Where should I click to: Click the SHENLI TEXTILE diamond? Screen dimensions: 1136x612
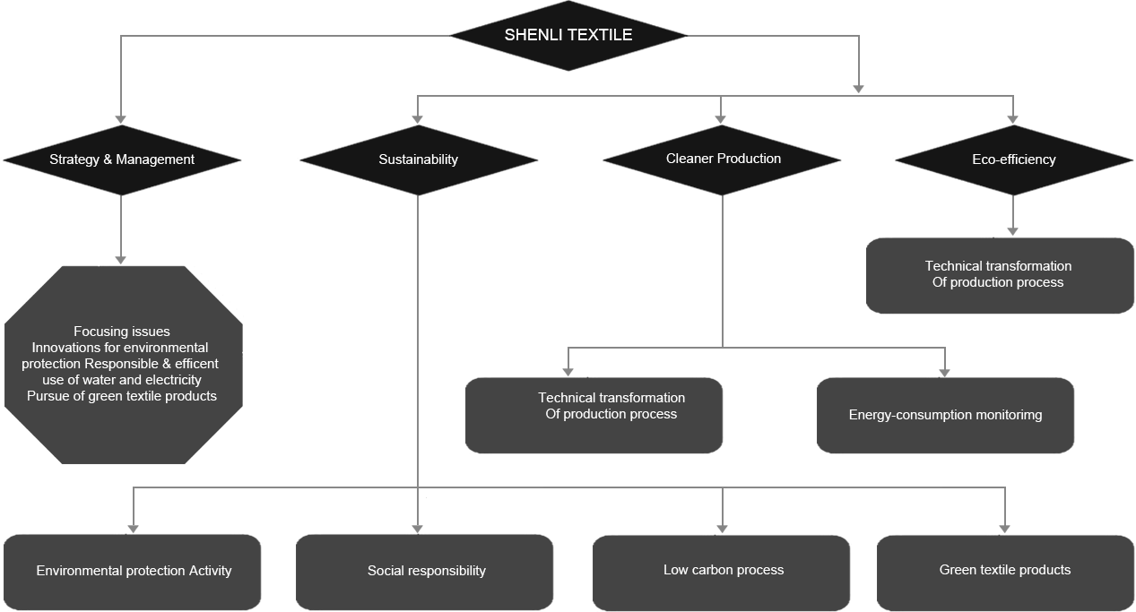(568, 36)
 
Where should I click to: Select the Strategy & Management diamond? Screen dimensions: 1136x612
(122, 160)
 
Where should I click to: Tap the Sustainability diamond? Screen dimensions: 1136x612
(419, 160)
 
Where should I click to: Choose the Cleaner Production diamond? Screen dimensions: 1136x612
(722, 160)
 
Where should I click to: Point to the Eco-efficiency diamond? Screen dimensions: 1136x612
(1014, 160)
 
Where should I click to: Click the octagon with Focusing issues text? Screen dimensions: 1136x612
(123, 365)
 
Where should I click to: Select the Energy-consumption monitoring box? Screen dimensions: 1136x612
(945, 416)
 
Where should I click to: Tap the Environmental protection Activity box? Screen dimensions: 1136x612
(133, 572)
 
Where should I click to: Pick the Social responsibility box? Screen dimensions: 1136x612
(424, 572)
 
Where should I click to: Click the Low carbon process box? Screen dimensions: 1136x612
(721, 573)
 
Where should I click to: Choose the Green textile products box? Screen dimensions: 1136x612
(1005, 573)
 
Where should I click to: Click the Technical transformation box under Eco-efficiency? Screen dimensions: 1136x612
(1000, 276)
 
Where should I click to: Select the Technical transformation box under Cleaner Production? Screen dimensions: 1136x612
(594, 416)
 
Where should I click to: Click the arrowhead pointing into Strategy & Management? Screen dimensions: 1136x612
(121, 119)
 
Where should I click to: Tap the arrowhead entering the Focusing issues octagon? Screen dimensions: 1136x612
(121, 260)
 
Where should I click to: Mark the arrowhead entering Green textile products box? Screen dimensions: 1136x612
(1005, 529)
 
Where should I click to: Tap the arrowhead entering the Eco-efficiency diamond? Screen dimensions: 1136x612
(1013, 119)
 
